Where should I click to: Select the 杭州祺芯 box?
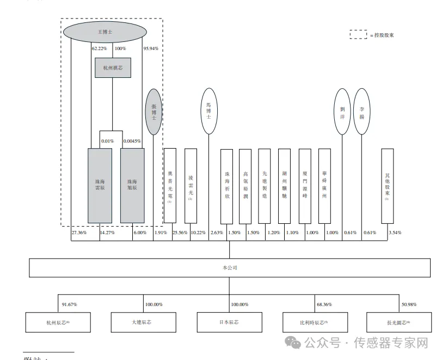point(112,68)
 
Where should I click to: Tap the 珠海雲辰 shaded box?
point(100,185)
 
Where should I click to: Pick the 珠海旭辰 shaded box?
point(132,185)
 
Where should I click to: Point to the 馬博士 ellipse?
point(208,111)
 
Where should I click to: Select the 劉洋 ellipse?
point(342,111)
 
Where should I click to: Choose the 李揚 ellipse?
point(362,111)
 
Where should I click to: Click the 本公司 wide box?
point(230,267)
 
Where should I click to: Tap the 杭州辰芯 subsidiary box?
point(58,322)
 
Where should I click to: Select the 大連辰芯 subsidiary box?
point(144,322)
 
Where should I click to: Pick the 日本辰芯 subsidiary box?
point(229,322)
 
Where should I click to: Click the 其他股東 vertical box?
point(388,185)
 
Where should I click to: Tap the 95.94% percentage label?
point(151,48)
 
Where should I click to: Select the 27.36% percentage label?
point(79,233)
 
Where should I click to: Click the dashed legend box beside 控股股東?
point(358,35)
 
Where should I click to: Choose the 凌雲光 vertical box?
point(191,185)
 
